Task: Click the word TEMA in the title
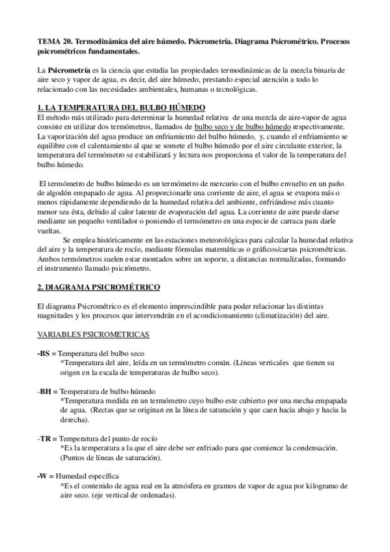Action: click(x=48, y=41)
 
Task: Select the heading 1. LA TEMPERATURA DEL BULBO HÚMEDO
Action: click(x=121, y=107)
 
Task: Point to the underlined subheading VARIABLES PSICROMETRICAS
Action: click(x=93, y=334)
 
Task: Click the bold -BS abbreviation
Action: click(x=44, y=353)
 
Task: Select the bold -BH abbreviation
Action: click(x=44, y=391)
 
